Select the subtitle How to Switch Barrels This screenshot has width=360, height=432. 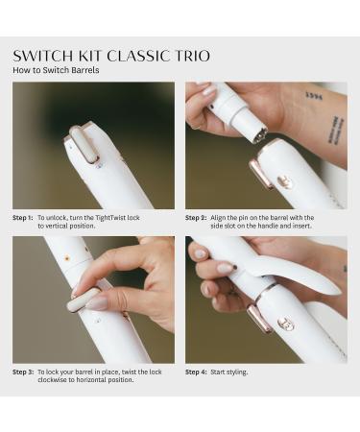click(x=56, y=71)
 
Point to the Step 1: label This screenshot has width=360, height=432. click(x=23, y=218)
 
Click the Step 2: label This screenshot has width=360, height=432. click(x=196, y=218)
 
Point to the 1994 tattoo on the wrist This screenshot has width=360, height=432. click(x=313, y=96)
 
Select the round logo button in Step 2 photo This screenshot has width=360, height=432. click(x=284, y=180)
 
